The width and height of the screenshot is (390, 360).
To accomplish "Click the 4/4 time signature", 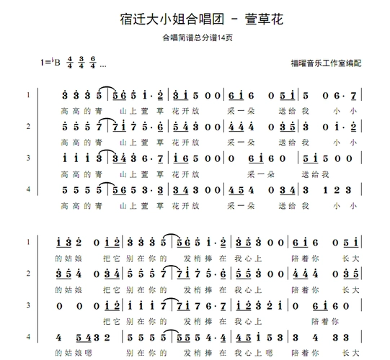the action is (70, 63).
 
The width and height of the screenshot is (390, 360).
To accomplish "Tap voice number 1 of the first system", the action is (28, 95).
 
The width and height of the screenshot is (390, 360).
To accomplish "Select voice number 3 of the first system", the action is (28, 158).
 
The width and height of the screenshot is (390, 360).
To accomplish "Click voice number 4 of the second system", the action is (28, 336).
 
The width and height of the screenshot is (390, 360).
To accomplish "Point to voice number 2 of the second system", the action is (28, 274).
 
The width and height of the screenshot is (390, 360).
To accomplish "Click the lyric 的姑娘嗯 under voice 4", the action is (74, 353).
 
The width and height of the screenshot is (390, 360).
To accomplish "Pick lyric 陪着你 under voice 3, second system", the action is (324, 321).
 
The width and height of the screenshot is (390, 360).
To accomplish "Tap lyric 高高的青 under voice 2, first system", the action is (76, 143).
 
